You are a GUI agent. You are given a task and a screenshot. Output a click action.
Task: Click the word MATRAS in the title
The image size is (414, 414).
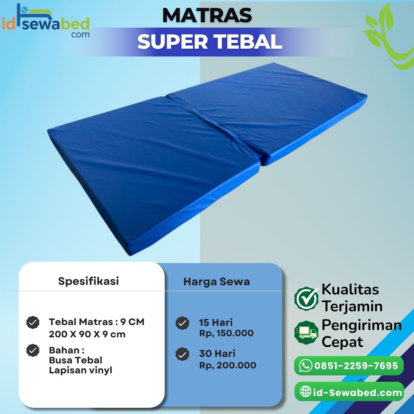tap(207, 15)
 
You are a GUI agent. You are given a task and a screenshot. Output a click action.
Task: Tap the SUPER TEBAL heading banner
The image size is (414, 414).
tap(210, 41)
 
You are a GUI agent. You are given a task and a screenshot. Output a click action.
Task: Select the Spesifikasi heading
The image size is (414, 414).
tap(89, 281)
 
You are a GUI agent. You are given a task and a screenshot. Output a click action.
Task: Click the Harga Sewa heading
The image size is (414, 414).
tap(217, 282)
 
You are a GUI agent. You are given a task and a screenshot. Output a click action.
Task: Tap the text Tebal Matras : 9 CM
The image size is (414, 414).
tap(97, 322)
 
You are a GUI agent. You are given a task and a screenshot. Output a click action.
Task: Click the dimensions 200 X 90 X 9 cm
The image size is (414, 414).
tap(87, 334)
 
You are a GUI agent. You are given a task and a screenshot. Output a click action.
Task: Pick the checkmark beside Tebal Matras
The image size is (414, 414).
tap(33, 323)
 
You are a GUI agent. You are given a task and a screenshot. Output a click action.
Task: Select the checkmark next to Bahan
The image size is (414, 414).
tap(33, 350)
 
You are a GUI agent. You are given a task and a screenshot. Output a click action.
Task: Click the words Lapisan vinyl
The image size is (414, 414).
tap(80, 370)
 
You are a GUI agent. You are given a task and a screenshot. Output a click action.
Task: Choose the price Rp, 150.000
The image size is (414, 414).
tap(226, 333)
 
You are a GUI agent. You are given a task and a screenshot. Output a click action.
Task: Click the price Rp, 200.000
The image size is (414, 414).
tap(227, 365)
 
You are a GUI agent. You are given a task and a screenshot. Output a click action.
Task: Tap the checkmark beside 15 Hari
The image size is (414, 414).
tap(182, 323)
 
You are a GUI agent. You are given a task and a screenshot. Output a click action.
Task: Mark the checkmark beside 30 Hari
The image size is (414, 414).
tap(182, 354)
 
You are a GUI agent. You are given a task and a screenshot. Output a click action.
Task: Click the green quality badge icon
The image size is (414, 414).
tap(306, 299)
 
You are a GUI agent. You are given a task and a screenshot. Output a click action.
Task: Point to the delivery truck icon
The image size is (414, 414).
tap(306, 332)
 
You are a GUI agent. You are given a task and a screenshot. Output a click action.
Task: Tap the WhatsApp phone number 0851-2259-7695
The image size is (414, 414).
tap(356, 366)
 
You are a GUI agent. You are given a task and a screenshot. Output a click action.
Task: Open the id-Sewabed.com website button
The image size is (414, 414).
tap(349, 392)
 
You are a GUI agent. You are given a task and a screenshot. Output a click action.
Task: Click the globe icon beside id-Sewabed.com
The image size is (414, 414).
tap(306, 392)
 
